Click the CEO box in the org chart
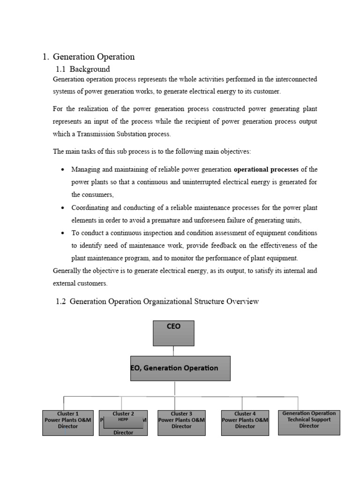[x=173, y=333]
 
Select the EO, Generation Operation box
[x=180, y=368]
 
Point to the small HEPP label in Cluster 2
[x=123, y=420]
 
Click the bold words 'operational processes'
[x=266, y=169]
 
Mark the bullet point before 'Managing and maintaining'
[x=62, y=169]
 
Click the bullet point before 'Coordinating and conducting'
[x=62, y=208]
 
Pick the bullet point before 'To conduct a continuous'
[x=62, y=233]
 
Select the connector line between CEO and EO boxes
[x=173, y=351]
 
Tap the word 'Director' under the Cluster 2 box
[x=123, y=433]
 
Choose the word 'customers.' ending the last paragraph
[x=93, y=284]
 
